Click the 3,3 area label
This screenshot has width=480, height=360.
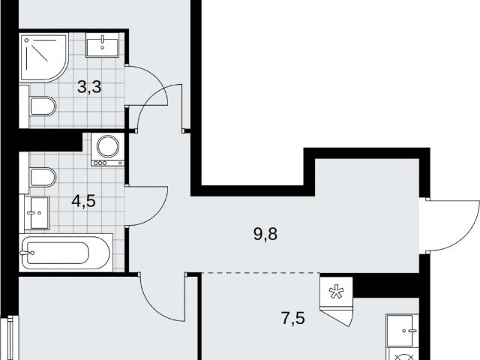click(89, 87)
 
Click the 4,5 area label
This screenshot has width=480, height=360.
click(83, 201)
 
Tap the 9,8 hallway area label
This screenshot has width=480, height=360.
click(265, 234)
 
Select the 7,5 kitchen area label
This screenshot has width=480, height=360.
click(293, 318)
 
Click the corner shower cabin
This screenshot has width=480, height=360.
click(43, 58)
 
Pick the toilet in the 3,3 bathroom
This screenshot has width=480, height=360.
click(43, 106)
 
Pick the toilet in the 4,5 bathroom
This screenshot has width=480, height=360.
click(43, 177)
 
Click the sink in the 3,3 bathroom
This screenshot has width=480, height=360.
click(102, 45)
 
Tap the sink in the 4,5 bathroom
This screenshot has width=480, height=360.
click(37, 213)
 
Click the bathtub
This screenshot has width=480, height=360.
click(66, 253)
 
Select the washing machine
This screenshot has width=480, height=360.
click(107, 150)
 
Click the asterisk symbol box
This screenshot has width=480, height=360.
click(336, 292)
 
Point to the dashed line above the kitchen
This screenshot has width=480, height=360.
click(260, 272)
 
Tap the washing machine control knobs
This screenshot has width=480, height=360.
click(100, 163)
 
